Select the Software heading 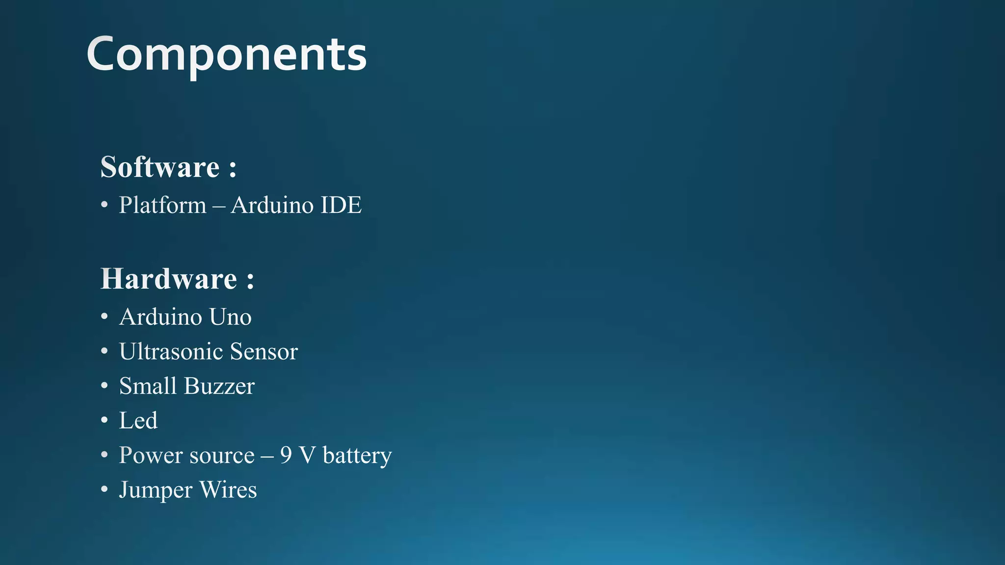(160, 167)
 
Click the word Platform (162, 205)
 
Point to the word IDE (341, 205)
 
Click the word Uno (230, 317)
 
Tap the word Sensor (264, 351)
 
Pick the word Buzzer (219, 386)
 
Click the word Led (138, 420)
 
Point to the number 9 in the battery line (286, 455)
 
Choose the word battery (357, 455)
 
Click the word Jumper (156, 490)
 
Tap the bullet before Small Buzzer (104, 386)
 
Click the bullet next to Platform (104, 205)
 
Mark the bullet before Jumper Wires (104, 489)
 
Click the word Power (151, 455)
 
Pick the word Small (148, 386)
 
